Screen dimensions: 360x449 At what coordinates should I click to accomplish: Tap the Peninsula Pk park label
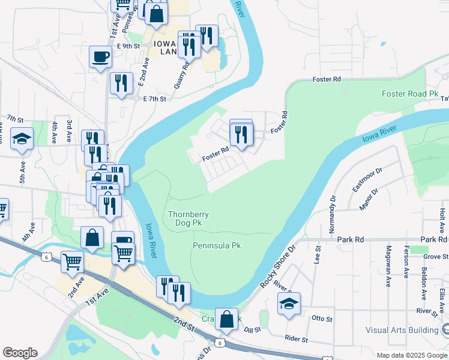[x=217, y=245]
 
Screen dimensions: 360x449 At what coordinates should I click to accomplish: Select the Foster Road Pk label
[x=410, y=94]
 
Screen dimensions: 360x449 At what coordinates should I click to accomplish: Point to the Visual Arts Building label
[x=402, y=330]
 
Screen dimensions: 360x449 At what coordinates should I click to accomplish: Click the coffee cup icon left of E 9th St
[x=100, y=57]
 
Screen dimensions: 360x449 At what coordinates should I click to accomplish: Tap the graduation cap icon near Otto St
[x=289, y=304]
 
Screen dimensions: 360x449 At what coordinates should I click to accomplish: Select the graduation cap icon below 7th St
[x=22, y=139]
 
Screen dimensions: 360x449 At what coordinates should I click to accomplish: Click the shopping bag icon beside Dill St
[x=227, y=320]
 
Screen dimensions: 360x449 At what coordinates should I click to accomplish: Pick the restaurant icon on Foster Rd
[x=241, y=135]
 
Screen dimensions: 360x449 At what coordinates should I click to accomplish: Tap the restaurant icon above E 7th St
[x=121, y=84]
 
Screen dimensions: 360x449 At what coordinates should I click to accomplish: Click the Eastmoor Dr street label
[x=366, y=180]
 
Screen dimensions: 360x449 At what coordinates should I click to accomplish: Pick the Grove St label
[x=435, y=256]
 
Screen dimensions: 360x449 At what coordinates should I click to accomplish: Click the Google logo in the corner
[x=20, y=352]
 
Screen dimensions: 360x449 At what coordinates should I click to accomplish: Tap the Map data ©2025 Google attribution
[x=411, y=355]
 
